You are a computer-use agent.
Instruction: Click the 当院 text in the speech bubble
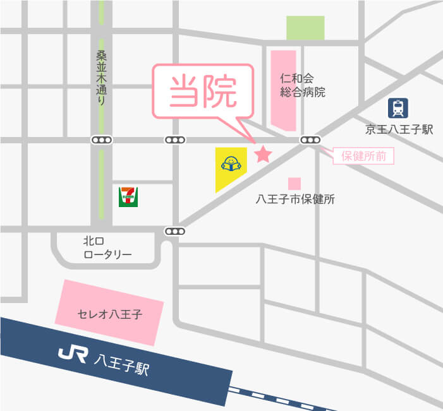point(203,92)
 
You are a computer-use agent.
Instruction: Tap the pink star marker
point(262,154)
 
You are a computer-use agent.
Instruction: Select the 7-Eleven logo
point(129,196)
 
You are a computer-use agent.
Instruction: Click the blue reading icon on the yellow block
point(231,164)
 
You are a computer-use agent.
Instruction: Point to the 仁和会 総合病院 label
point(302,85)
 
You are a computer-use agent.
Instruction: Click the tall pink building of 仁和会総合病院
point(284,88)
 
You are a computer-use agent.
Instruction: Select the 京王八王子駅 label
point(399,129)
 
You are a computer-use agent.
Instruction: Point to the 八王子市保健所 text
point(294,200)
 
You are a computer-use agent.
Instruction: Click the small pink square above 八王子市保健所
point(294,183)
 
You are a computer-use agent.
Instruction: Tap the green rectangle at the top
point(305,28)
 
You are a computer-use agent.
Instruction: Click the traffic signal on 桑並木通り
point(101,140)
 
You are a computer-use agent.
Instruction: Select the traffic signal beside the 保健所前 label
point(310,140)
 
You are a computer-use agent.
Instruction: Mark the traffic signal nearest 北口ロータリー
point(175,231)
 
